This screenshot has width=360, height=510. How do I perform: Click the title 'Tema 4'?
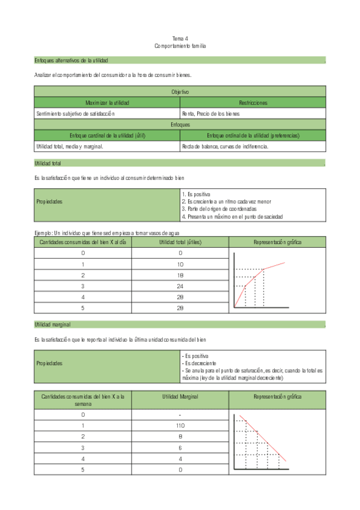pyautogui.click(x=180, y=38)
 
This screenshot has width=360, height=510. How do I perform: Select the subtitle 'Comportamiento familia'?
pyautogui.click(x=180, y=46)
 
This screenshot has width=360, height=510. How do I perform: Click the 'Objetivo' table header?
pyautogui.click(x=180, y=92)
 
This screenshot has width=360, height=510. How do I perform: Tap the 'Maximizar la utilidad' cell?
pyautogui.click(x=107, y=103)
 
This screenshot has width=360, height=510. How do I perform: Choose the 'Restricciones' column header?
pyautogui.click(x=252, y=103)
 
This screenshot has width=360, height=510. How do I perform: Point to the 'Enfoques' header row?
pyautogui.click(x=180, y=124)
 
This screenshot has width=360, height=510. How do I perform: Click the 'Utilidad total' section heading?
pyautogui.click(x=48, y=164)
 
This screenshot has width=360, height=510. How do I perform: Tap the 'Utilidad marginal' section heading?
pyautogui.click(x=52, y=325)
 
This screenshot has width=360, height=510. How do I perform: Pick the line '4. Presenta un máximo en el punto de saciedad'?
pyautogui.click(x=232, y=217)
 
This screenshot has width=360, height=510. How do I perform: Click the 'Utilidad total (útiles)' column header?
pyautogui.click(x=180, y=242)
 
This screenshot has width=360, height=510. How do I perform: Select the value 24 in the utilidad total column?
pyautogui.click(x=180, y=286)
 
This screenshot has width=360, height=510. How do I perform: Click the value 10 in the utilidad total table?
pyautogui.click(x=180, y=264)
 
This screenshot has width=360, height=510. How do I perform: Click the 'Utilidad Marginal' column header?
pyautogui.click(x=180, y=397)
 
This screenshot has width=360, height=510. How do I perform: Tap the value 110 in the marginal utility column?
pyautogui.click(x=180, y=425)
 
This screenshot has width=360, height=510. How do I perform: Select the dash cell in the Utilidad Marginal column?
pyautogui.click(x=180, y=414)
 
